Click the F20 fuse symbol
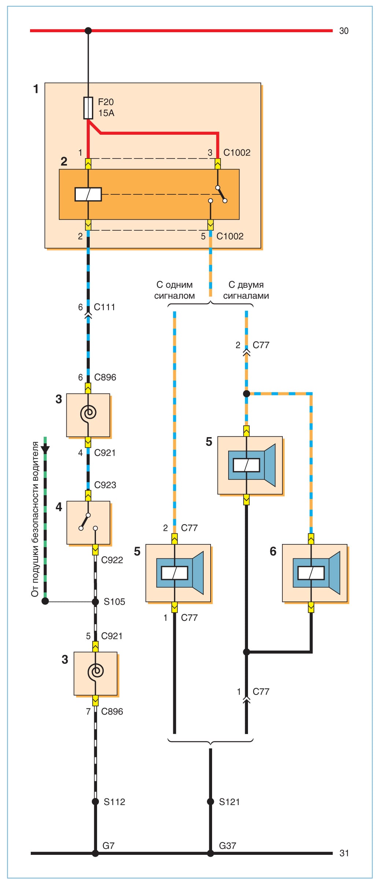pyautogui.click(x=88, y=108)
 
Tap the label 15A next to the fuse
pyautogui.click(x=106, y=113)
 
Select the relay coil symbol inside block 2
pyautogui.click(x=88, y=194)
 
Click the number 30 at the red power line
pyautogui.click(x=344, y=31)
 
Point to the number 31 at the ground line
pyautogui.click(x=344, y=853)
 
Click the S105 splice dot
pyautogui.click(x=95, y=601)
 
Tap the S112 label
pyautogui.click(x=114, y=802)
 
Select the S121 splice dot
pyautogui.click(x=210, y=802)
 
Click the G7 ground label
pyautogui.click(x=108, y=846)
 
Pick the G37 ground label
pyautogui.click(x=227, y=846)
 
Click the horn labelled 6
pyautogui.click(x=315, y=573)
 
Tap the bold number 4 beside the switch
pyautogui.click(x=59, y=507)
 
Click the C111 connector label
pyautogui.click(x=104, y=307)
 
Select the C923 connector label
pyautogui.click(x=105, y=485)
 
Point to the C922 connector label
pyautogui.click(x=112, y=560)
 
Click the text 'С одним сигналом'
pyautogui.click(x=174, y=290)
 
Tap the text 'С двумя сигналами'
pyautogui.click(x=246, y=290)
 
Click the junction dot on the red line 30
pyautogui.click(x=88, y=31)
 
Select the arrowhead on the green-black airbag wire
pyautogui.click(x=45, y=450)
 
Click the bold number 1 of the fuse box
pyautogui.click(x=36, y=89)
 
